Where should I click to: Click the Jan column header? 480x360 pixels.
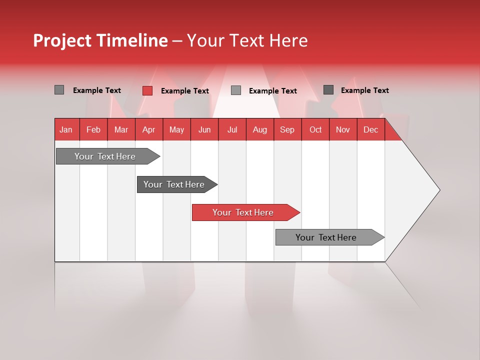click(66, 129)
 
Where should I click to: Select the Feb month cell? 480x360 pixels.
click(93, 129)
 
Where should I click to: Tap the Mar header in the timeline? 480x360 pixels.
click(121, 129)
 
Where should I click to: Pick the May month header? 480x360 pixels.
click(176, 129)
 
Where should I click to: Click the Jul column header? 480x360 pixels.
click(232, 129)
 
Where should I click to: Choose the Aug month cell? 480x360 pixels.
click(260, 129)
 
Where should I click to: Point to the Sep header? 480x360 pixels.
click(287, 129)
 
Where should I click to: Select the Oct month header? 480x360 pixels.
click(315, 129)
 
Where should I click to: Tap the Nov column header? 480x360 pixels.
click(343, 129)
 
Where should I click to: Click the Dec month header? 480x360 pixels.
click(371, 129)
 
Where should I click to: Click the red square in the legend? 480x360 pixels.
click(147, 90)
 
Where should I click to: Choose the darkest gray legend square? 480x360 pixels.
click(328, 90)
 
